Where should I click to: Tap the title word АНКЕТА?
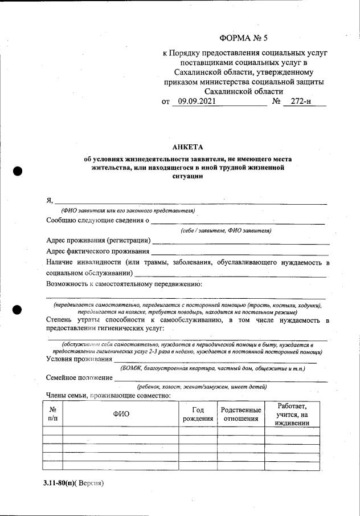(187, 147)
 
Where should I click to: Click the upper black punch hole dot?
(17, 170)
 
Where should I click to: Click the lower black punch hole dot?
(17, 310)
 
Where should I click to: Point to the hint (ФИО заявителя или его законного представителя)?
(129, 210)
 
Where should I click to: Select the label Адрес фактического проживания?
(98, 251)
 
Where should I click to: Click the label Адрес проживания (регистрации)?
(99, 241)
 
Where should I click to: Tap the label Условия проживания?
(79, 359)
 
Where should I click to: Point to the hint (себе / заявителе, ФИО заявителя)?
(226, 230)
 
